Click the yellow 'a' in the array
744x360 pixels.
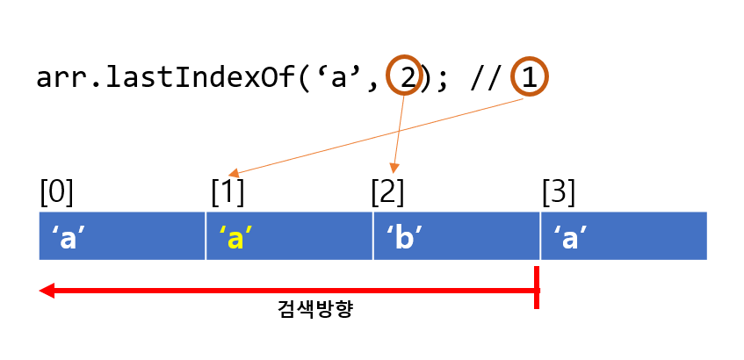(x=234, y=237)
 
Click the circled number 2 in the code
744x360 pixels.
(x=407, y=78)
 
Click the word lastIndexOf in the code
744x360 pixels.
(x=199, y=78)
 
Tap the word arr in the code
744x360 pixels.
(x=63, y=78)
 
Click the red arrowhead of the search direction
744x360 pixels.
(x=47, y=291)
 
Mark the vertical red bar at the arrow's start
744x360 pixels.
(x=537, y=288)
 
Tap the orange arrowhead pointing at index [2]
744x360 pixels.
(x=394, y=168)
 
